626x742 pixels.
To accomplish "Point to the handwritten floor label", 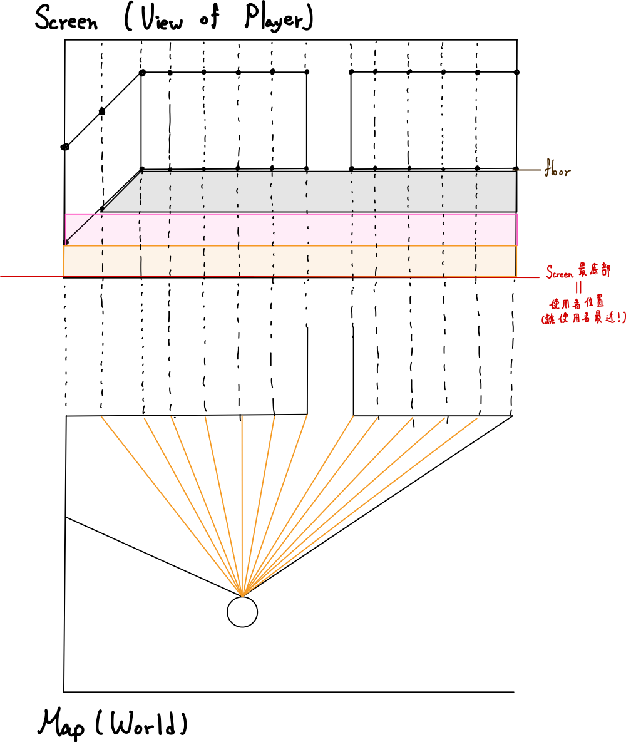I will click(x=557, y=170).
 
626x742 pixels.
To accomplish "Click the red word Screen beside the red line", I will click(x=560, y=273).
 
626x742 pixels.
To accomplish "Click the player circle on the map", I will click(x=242, y=612).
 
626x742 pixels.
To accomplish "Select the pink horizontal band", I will click(x=291, y=229).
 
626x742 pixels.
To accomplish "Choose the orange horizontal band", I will click(x=291, y=260).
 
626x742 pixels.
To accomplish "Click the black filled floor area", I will click(x=326, y=191).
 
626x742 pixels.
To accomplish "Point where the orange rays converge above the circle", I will click(x=242, y=594).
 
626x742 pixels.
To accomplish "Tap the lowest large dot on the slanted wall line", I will click(x=64, y=147).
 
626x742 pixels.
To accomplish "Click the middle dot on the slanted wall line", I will click(x=103, y=112).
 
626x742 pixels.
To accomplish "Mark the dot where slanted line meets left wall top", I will click(x=142, y=73).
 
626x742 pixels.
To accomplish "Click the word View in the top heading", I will click(x=159, y=20).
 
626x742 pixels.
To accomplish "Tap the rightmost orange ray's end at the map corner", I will click(x=511, y=416).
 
